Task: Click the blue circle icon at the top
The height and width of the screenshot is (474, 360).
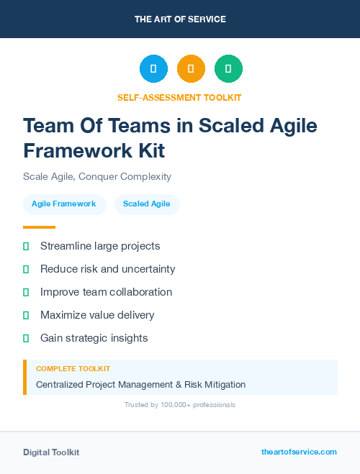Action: [153, 68]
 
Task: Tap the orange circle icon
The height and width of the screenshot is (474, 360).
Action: [191, 68]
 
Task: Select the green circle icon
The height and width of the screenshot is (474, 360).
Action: [228, 68]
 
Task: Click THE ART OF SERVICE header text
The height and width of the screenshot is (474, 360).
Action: [180, 19]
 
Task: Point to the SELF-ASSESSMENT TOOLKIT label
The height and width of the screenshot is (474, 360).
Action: [179, 97]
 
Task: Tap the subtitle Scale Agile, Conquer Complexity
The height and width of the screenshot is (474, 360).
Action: [97, 176]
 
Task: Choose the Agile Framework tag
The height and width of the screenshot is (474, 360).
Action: [64, 204]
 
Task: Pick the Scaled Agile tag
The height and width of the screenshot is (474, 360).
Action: [147, 204]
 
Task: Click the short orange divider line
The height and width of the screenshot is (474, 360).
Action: [39, 227]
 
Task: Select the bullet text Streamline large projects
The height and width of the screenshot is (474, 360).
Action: [100, 246]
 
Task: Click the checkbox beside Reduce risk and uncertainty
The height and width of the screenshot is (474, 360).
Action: [26, 269]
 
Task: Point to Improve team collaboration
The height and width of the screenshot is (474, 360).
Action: [106, 292]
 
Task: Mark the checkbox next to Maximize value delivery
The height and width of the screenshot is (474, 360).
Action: [26, 315]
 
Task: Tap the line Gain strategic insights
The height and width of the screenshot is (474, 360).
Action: [94, 338]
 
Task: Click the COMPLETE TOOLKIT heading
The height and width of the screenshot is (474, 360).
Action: [73, 369]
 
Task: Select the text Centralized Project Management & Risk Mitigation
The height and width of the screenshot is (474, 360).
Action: [140, 385]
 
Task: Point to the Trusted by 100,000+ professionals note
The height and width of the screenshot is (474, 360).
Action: [180, 405]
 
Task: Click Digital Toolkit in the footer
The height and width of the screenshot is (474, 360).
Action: [51, 452]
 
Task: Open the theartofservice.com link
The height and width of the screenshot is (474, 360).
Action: [299, 452]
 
